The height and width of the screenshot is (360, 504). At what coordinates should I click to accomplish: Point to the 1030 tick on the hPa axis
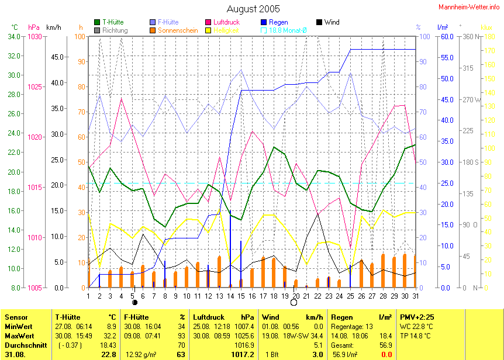coord(34,37)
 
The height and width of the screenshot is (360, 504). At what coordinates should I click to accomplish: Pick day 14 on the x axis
coord(230,296)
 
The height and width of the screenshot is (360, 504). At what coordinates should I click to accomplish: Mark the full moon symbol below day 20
coord(294,302)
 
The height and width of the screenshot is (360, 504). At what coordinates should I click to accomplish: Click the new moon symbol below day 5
coord(134,302)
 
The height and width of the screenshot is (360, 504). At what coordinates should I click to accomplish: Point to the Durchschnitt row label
coord(22,347)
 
